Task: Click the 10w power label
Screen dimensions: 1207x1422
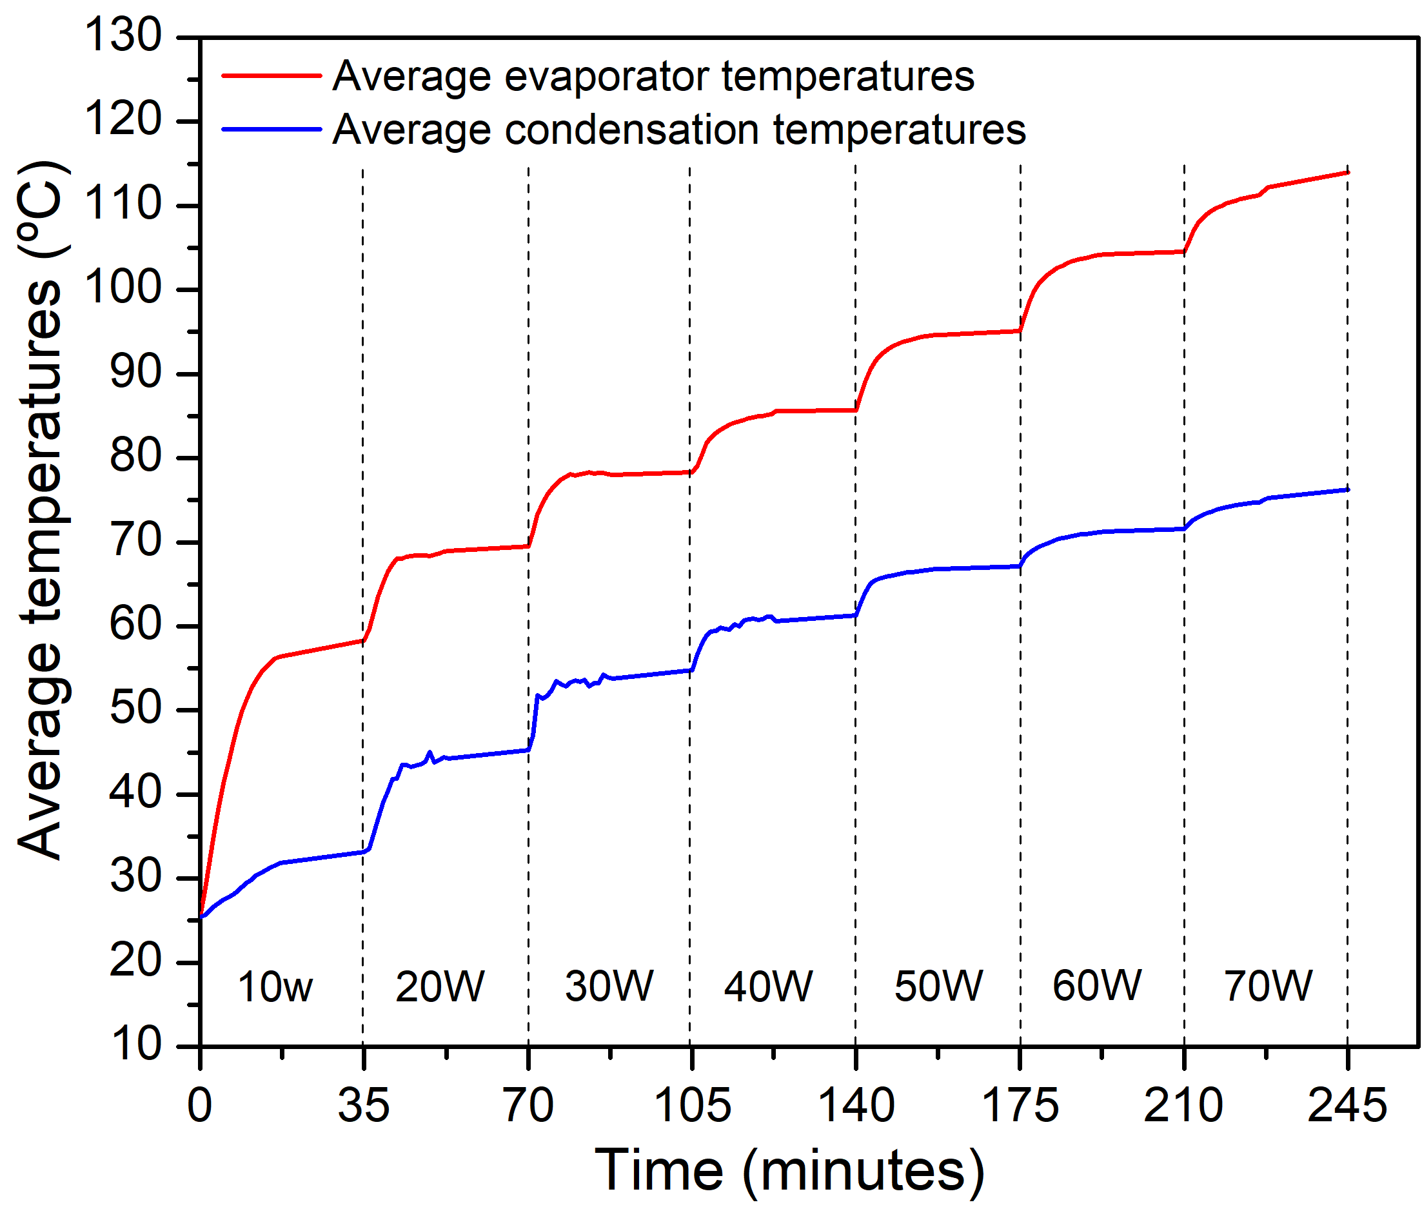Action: pyautogui.click(x=275, y=987)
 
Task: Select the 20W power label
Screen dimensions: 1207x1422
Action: pyautogui.click(x=439, y=986)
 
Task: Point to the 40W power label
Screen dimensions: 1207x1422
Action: pyautogui.click(x=769, y=986)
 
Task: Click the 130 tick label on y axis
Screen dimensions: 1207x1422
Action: pyautogui.click(x=123, y=35)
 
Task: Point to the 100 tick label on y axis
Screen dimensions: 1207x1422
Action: pyautogui.click(x=123, y=288)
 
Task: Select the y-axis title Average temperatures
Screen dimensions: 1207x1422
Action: pyautogui.click(x=43, y=510)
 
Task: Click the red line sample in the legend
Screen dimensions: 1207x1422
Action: pyautogui.click(x=272, y=76)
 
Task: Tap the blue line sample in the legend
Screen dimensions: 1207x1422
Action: pyautogui.click(x=272, y=130)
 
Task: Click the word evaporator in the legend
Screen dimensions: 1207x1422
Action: pyautogui.click(x=613, y=77)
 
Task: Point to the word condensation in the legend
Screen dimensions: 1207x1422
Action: pyautogui.click(x=631, y=130)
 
